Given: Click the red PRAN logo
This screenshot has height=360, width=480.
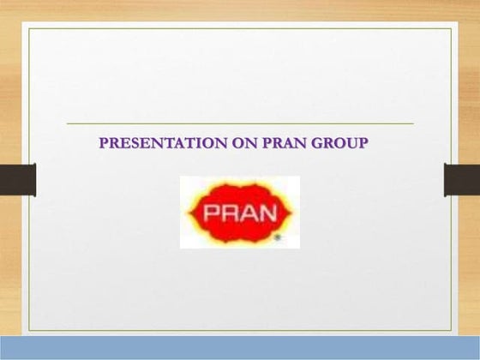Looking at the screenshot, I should tap(239, 212).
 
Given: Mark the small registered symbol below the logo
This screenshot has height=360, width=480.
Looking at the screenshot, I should tap(276, 240).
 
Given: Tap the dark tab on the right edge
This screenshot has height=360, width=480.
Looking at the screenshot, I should tap(462, 180).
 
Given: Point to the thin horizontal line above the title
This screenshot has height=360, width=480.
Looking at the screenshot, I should tap(240, 123).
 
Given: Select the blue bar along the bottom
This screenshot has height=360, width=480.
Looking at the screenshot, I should tap(240, 348).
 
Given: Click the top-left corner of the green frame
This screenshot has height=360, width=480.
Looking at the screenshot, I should tap(29, 28).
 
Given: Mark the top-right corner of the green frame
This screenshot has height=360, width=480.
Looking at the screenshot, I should tap(450, 28).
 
